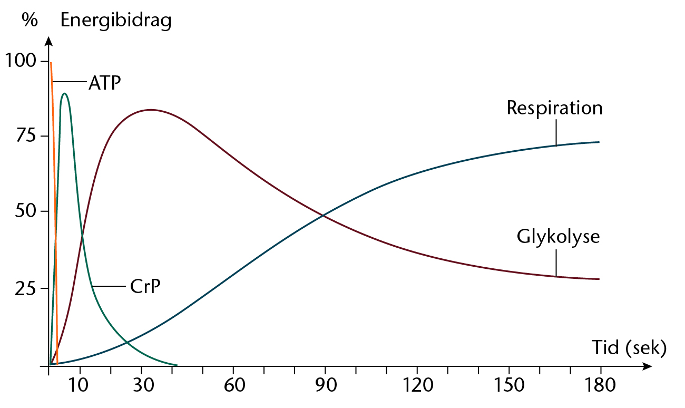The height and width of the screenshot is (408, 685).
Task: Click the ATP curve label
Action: pyautogui.click(x=104, y=82)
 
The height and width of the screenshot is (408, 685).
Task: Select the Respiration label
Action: pyautogui.click(x=554, y=108)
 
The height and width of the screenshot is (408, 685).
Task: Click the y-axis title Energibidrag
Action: pyautogui.click(x=116, y=21)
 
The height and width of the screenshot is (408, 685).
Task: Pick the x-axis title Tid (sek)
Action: pyautogui.click(x=629, y=348)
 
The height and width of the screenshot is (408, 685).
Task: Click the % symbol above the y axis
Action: pyautogui.click(x=30, y=21)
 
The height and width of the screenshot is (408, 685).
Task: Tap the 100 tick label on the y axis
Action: pyautogui.click(x=21, y=61)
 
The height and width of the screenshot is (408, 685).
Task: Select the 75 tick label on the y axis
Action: pyautogui.click(x=27, y=136)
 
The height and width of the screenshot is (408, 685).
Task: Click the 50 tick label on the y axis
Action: pyautogui.click(x=27, y=211)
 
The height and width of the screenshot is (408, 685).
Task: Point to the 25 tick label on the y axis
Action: pyautogui.click(x=27, y=288)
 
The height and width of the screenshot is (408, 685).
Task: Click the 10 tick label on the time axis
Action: pyautogui.click(x=80, y=386)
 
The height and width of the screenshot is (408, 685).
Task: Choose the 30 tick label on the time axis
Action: pyautogui.click(x=141, y=386)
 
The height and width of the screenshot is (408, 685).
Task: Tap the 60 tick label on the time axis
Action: pyautogui.click(x=233, y=386)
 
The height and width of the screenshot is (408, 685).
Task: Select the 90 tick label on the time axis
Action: pyautogui.click(x=325, y=386)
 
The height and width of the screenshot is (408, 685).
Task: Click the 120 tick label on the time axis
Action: pyautogui.click(x=417, y=386)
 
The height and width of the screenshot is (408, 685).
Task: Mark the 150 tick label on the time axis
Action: pyautogui.click(x=509, y=386)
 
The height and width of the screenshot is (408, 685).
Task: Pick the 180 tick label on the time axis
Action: pyautogui.click(x=600, y=386)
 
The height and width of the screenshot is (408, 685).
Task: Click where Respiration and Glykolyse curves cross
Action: pyautogui.click(x=323, y=215)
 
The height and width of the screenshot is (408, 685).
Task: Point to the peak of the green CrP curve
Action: pyautogui.click(x=64, y=94)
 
